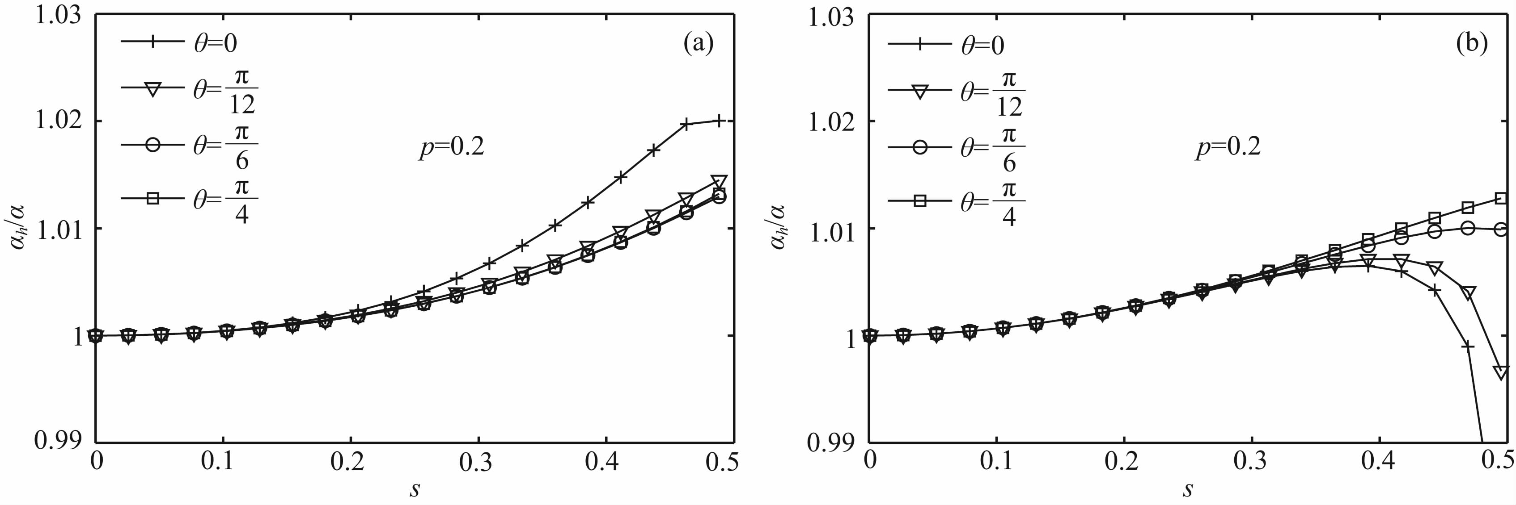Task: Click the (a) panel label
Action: pos(698,43)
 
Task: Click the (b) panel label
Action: pos(1471,43)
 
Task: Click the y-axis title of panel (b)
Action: pos(778,227)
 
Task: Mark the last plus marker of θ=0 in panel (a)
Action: pos(718,121)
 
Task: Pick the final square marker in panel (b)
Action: pos(1501,198)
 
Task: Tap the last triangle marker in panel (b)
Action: pos(1501,372)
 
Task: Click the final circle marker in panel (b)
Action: pos(1501,229)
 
